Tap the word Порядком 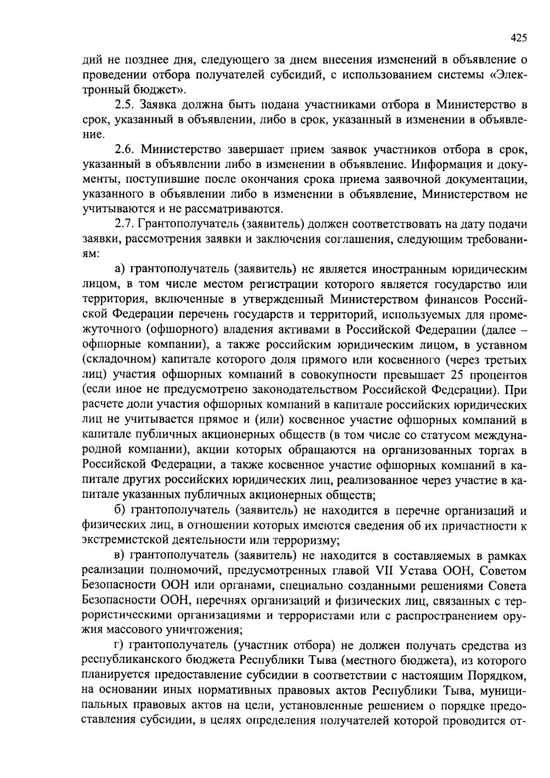(496, 676)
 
